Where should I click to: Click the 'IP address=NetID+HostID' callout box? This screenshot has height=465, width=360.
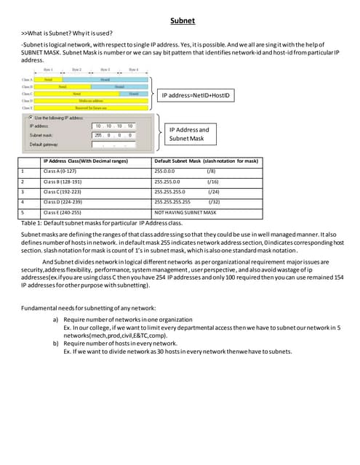point(197,95)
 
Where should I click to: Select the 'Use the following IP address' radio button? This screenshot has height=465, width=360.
point(30,116)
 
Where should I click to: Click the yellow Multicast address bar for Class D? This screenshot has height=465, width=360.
point(91,100)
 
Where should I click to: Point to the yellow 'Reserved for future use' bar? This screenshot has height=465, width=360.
point(91,108)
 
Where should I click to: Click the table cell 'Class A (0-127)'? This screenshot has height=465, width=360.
point(65,171)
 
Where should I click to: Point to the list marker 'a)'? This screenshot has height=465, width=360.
point(57,319)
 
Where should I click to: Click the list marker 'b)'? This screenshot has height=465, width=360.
point(57,343)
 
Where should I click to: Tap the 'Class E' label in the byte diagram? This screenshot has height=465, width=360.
point(27,108)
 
